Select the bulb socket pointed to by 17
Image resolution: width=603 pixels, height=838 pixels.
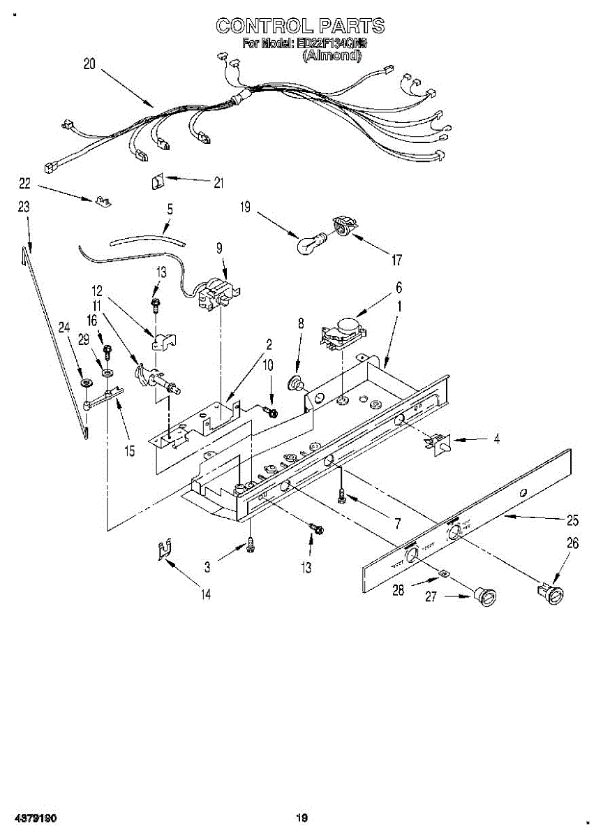pyautogui.click(x=343, y=226)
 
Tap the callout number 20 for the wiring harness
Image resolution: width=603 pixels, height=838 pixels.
pyautogui.click(x=89, y=64)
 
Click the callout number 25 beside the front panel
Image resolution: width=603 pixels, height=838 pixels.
pyautogui.click(x=573, y=520)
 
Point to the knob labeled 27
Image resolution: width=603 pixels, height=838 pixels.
pyautogui.click(x=483, y=598)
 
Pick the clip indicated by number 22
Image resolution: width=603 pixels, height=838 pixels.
pyautogui.click(x=103, y=202)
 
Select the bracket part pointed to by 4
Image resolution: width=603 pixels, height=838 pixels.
pyautogui.click(x=438, y=442)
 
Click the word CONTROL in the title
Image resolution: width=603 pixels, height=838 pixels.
pyautogui.click(x=264, y=26)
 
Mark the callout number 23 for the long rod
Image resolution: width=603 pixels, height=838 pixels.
pyautogui.click(x=24, y=207)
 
